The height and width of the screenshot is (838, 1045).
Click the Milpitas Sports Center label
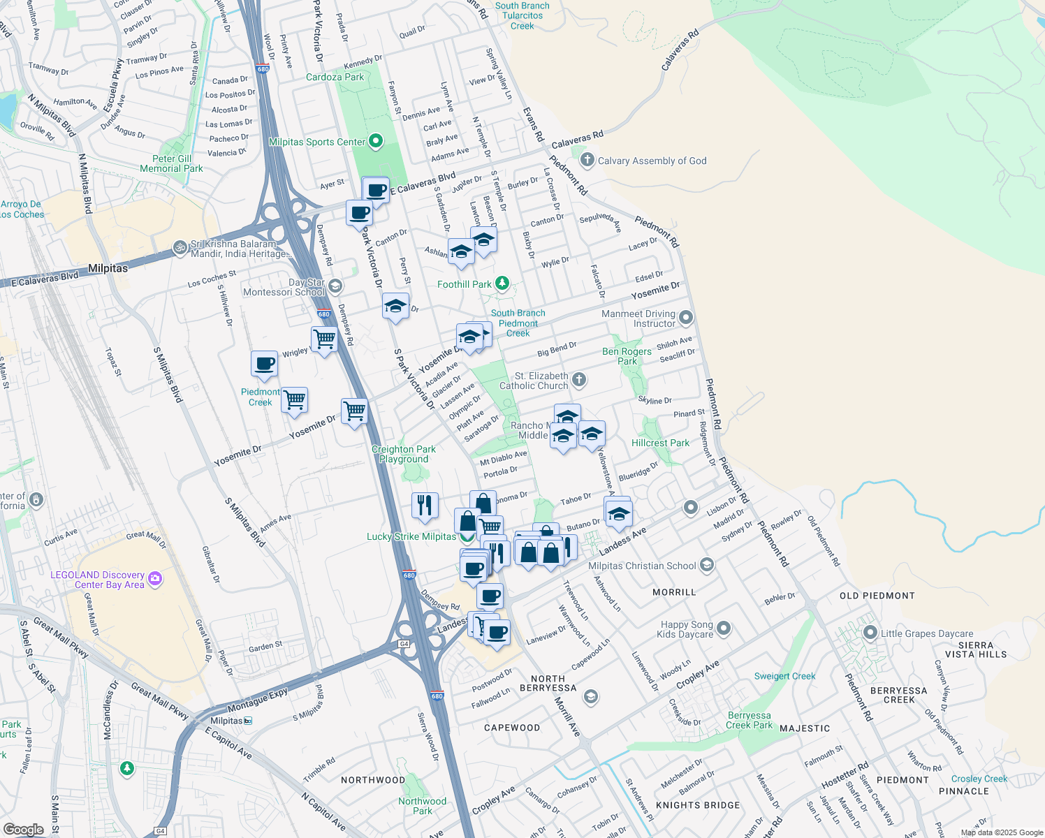pyautogui.click(x=317, y=142)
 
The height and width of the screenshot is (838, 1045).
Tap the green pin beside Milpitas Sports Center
pyautogui.click(x=376, y=142)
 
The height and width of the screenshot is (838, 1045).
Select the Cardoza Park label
pyautogui.click(x=335, y=77)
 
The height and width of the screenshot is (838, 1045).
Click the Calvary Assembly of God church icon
pyautogui.click(x=587, y=160)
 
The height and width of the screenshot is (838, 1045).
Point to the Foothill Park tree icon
pyautogui.click(x=502, y=284)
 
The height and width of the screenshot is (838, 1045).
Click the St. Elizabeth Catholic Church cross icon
pyautogui.click(x=578, y=380)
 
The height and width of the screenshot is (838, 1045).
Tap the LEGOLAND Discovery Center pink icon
pyautogui.click(x=155, y=578)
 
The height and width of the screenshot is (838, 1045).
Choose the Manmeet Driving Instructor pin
pyautogui.click(x=686, y=318)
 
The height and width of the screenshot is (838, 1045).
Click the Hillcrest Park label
pyautogui.click(x=660, y=443)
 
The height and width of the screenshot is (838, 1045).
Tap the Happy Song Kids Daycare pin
pyautogui.click(x=724, y=628)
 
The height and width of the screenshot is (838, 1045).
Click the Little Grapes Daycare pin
pyautogui.click(x=870, y=633)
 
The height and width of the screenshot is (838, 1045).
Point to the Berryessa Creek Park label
pyautogui.click(x=749, y=720)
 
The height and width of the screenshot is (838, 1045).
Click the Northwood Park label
pyautogui.click(x=422, y=806)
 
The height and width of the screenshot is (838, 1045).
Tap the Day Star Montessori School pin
pyautogui.click(x=335, y=286)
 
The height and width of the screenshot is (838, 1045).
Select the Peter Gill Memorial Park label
pyautogui.click(x=171, y=163)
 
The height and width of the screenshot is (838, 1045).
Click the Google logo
pyautogui.click(x=23, y=830)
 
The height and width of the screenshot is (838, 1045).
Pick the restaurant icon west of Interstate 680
pyautogui.click(x=425, y=504)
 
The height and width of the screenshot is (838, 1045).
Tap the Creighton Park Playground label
pyautogui.click(x=403, y=454)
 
